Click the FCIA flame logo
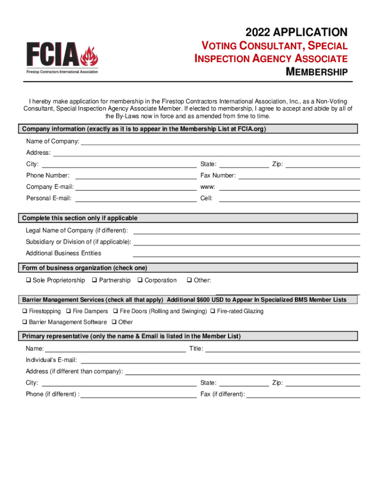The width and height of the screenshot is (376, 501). (x=62, y=57)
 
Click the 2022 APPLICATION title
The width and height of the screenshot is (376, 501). (x=296, y=33)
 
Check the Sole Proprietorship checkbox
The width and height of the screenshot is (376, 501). (x=28, y=280)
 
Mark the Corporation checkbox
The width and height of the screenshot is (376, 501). (x=140, y=280)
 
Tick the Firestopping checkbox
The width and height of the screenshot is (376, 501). (x=24, y=311)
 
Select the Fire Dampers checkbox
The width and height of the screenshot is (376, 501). (x=68, y=311)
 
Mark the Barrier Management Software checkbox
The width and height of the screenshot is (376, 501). (x=24, y=322)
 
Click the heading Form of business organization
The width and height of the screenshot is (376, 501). (x=84, y=268)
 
